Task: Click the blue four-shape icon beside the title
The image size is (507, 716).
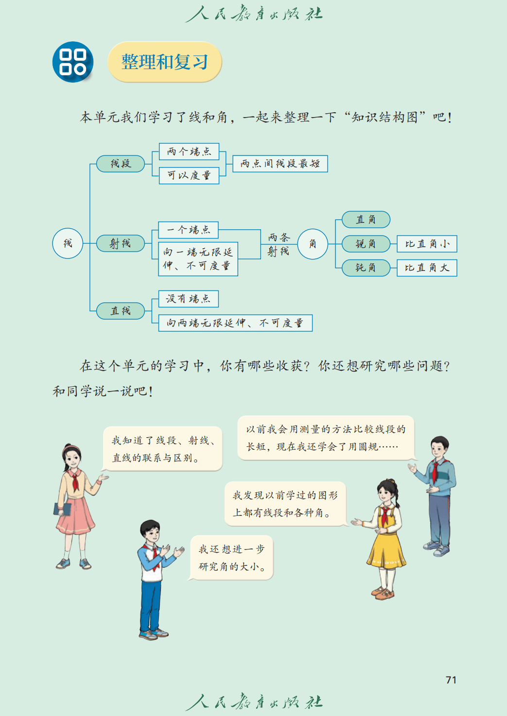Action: click(x=73, y=62)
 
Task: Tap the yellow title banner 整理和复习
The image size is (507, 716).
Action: click(x=164, y=62)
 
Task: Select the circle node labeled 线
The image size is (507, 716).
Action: click(x=68, y=243)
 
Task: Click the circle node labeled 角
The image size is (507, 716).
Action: click(x=313, y=243)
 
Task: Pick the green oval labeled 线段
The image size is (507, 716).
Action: click(x=121, y=164)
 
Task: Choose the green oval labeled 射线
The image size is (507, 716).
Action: click(x=121, y=243)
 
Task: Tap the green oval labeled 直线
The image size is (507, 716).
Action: click(x=121, y=311)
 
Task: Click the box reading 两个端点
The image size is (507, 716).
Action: click(x=189, y=152)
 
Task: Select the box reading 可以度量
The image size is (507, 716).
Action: click(x=189, y=175)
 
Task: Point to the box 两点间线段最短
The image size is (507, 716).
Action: click(x=280, y=164)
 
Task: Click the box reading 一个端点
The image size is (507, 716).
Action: click(x=188, y=230)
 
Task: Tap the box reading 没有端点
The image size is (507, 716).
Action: click(x=188, y=299)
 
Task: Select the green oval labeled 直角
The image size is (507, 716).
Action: click(x=366, y=220)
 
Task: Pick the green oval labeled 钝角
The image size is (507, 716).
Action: click(x=366, y=268)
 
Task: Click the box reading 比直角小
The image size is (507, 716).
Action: click(x=427, y=244)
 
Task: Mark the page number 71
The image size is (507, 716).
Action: click(x=451, y=680)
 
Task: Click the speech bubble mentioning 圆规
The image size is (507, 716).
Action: click(x=326, y=438)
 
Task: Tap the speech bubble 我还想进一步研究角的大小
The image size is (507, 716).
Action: click(x=231, y=558)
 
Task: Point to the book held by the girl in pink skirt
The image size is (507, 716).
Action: click(x=62, y=509)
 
